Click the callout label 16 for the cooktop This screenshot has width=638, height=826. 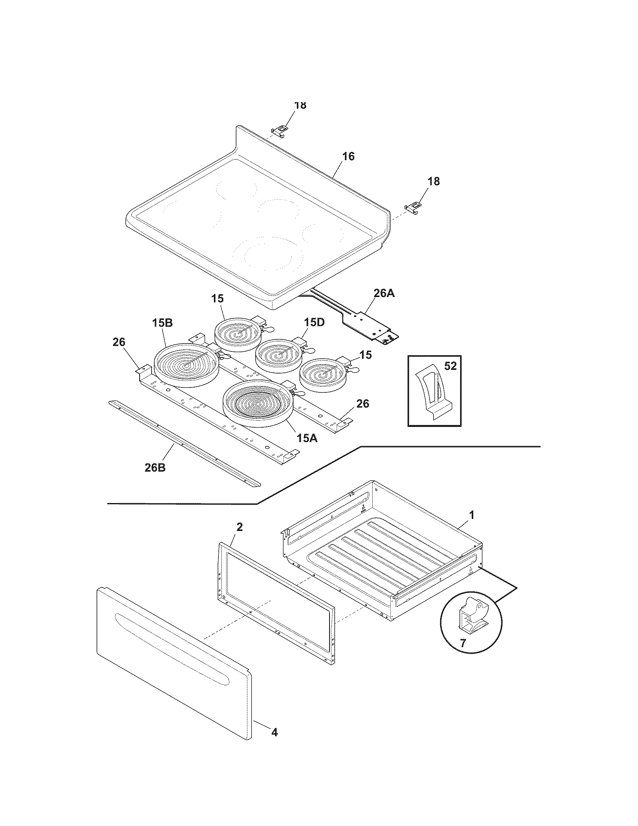(349, 156)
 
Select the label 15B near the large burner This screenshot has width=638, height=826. (163, 323)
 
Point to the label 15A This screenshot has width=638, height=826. (307, 438)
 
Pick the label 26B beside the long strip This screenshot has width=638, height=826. (155, 467)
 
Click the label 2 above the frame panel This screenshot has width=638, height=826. (239, 527)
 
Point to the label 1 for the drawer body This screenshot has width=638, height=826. (471, 515)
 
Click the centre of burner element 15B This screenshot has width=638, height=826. (185, 365)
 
